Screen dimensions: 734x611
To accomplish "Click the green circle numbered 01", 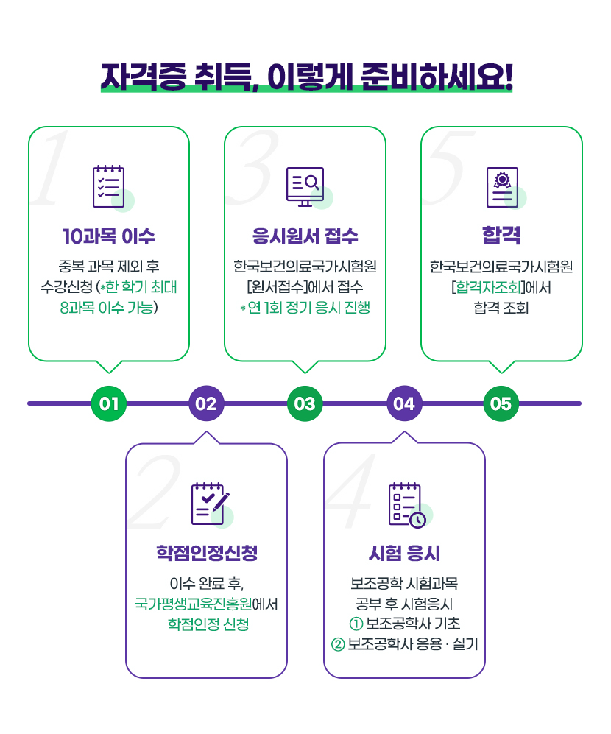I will [109, 403].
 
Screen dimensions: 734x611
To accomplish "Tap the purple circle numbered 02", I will [207, 403].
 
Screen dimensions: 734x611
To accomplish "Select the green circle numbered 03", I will [305, 403].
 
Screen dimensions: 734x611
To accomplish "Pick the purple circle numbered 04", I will [404, 403].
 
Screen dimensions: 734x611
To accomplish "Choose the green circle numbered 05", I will [501, 403].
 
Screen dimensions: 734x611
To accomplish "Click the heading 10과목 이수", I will [109, 236].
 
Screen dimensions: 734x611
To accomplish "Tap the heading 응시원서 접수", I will [305, 236].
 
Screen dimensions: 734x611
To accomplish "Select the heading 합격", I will [501, 236].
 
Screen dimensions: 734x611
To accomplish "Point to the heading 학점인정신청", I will [207, 553].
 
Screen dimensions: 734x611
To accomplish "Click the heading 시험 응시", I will [404, 553].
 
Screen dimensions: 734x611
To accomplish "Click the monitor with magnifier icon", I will [305, 186].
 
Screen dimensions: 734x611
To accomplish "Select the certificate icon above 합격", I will [502, 186].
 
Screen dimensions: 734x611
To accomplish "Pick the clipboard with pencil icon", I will [209, 503].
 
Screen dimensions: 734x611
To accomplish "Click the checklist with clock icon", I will [406, 504].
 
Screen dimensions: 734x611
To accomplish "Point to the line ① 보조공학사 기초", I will [404, 624].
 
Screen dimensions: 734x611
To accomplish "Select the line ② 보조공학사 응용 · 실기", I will [404, 644].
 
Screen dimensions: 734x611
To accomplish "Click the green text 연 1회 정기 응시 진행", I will [308, 308].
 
